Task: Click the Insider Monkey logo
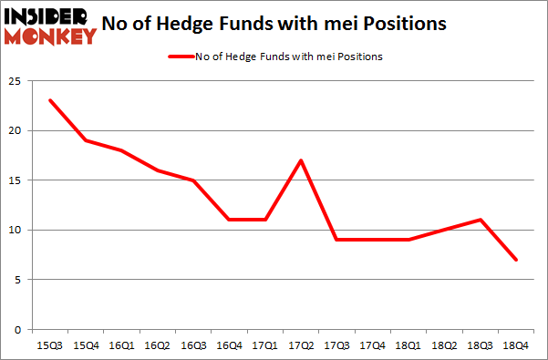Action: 50,25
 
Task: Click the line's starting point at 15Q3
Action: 49,100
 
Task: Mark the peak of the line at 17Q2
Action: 300,160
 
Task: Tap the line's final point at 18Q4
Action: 515,260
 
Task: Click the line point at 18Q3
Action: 480,220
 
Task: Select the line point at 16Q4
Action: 228,220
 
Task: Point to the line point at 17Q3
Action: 336,240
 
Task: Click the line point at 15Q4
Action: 85,140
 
